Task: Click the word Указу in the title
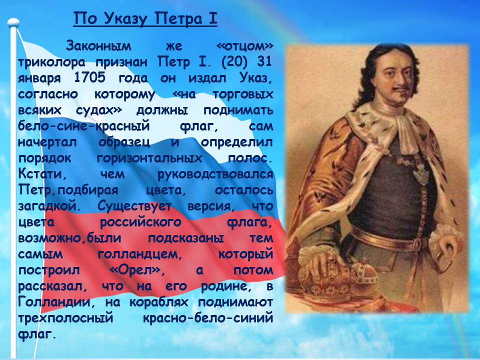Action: coord(126,19)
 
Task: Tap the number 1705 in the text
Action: coord(90,78)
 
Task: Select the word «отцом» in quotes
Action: coord(244,46)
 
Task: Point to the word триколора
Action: coord(51,62)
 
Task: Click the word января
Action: coord(39,78)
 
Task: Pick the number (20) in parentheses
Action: coord(233,61)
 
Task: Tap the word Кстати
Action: coord(42,174)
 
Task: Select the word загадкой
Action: coord(49,205)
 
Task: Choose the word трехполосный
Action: coord(65,318)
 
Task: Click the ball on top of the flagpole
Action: coord(13,22)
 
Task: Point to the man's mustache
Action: coord(401,89)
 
